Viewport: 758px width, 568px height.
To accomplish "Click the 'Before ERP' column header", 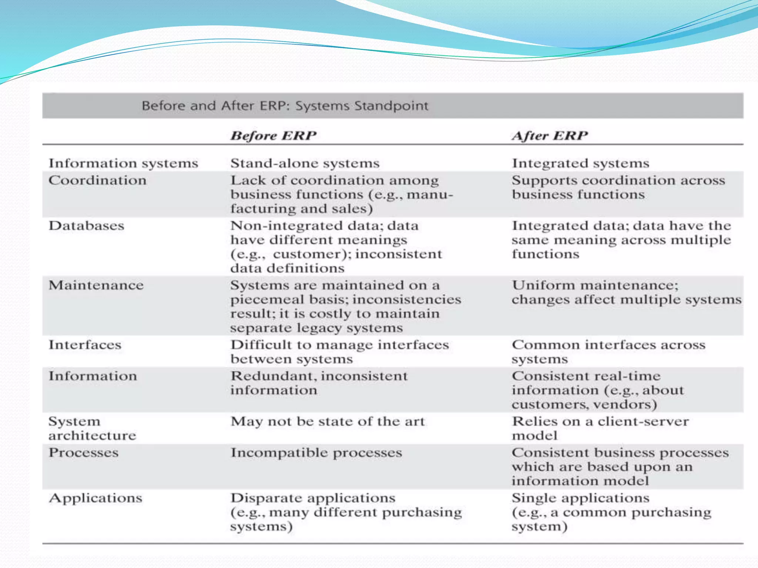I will coord(274,136).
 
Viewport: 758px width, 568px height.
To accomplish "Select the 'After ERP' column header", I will coord(550,136).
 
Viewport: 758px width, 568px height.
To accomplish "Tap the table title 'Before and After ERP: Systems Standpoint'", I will coord(285,106).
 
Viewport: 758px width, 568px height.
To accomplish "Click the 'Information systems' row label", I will coord(123,163).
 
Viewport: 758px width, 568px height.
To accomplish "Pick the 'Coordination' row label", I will coord(97,180).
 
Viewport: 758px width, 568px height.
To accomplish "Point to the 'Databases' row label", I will coord(86,226).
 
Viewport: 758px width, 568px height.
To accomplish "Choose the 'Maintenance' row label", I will coord(96,285).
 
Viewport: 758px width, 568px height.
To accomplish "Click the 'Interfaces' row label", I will coord(85,345).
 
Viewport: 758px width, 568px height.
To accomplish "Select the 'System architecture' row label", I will coord(92,429).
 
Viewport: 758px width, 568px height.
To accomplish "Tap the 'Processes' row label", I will coord(84,453).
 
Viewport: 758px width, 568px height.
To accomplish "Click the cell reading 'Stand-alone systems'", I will coord(305,163).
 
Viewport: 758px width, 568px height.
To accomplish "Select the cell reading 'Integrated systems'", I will coord(580,163).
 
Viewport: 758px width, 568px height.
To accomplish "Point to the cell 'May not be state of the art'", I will coord(328,422).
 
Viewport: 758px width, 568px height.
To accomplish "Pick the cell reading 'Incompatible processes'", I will coord(316,453).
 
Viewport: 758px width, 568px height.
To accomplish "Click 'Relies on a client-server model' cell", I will coord(600,429).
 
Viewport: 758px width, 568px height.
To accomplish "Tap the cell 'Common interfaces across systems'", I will coord(608,352).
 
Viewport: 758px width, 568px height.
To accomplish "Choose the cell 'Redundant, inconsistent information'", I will coord(319,383).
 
